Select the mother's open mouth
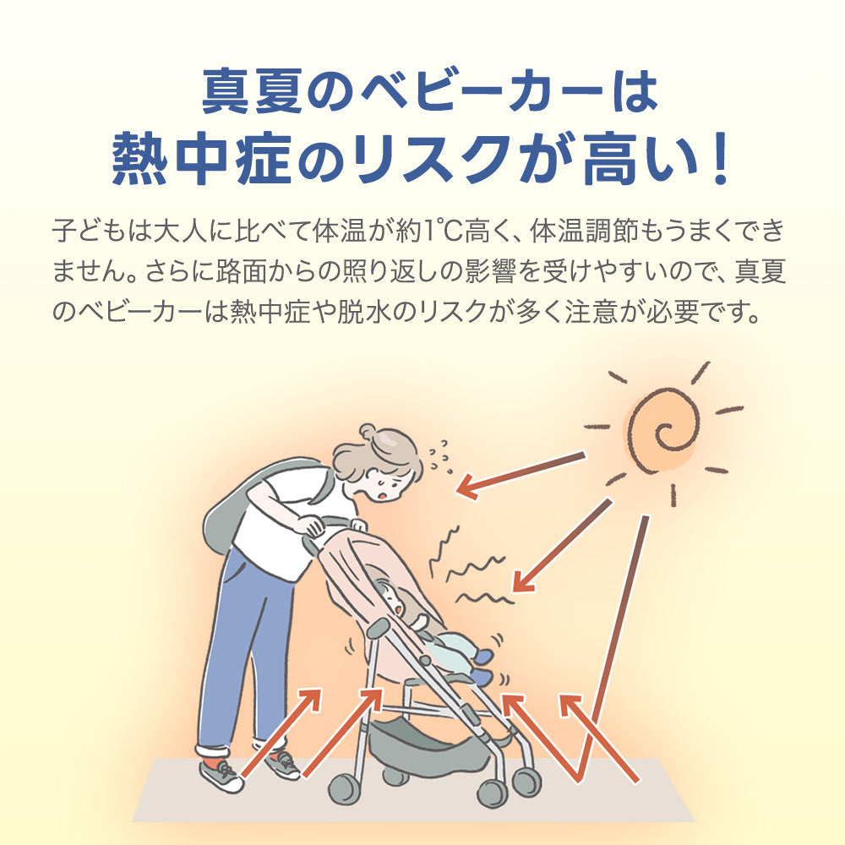point(382,495)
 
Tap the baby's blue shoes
point(483,666)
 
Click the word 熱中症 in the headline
point(202,159)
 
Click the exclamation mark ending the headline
point(719,159)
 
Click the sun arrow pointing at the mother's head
point(521,475)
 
